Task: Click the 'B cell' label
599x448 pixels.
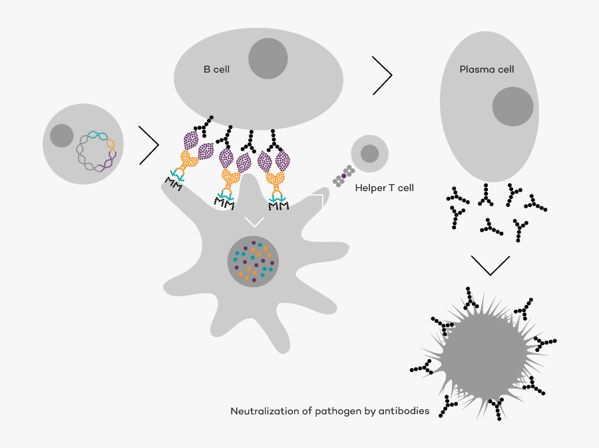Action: click(x=216, y=69)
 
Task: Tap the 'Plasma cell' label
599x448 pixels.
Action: click(x=487, y=69)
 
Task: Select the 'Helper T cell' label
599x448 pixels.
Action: click(x=384, y=188)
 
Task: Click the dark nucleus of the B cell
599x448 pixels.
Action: click(x=268, y=59)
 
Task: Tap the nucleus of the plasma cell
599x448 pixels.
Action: click(x=512, y=107)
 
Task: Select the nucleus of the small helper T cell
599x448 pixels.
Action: click(x=369, y=154)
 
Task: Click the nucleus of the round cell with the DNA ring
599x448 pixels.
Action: click(x=61, y=136)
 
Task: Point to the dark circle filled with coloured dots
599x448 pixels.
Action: click(x=253, y=262)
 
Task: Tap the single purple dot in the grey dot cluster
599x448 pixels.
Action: click(x=344, y=176)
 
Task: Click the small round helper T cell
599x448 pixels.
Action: click(x=369, y=154)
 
